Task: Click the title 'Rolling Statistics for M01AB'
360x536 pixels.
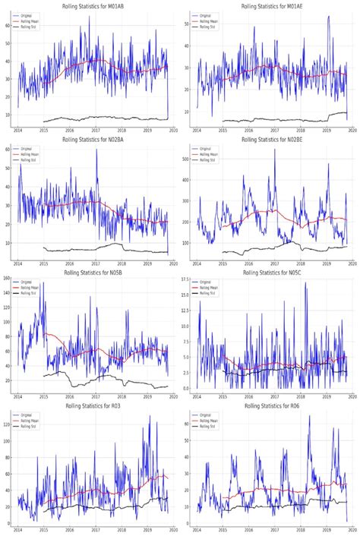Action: click(x=95, y=6)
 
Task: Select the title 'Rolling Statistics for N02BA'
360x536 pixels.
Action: click(x=95, y=139)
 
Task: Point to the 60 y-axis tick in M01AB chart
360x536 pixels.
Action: click(x=8, y=25)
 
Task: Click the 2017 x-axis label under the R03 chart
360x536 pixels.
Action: click(x=96, y=530)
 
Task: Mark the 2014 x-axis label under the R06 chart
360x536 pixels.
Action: click(x=197, y=530)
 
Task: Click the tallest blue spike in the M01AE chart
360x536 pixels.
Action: click(x=328, y=17)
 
